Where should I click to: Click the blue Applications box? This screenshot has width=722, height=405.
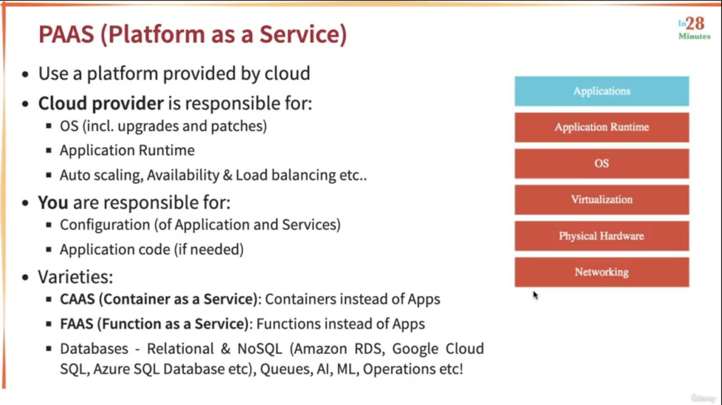[602, 91]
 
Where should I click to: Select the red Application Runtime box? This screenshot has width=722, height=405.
[602, 127]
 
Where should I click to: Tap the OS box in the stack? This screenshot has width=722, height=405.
[602, 163]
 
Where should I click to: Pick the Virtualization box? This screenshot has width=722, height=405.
[602, 200]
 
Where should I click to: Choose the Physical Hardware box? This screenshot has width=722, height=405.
[602, 236]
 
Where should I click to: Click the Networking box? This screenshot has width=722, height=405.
[602, 272]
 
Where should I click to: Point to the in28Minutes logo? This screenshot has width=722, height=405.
[694, 28]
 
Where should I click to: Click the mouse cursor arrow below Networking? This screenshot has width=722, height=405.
[535, 295]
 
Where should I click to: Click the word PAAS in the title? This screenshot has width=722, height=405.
[66, 34]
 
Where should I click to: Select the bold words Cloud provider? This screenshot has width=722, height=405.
[101, 104]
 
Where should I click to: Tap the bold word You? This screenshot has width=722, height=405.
[53, 202]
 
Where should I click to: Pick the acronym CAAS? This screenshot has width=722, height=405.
[77, 299]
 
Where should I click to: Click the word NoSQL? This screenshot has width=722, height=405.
[260, 349]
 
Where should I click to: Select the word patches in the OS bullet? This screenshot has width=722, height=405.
[238, 126]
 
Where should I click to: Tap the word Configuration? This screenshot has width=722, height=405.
[105, 225]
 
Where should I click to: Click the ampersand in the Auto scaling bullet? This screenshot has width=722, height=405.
[227, 175]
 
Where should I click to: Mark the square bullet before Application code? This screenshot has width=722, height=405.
[49, 249]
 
